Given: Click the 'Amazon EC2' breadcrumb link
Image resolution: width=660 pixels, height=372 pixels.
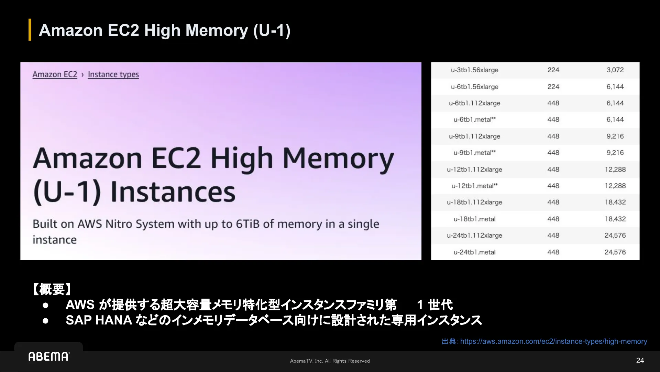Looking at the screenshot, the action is [x=55, y=74].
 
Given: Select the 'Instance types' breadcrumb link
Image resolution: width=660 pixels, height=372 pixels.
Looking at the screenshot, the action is [x=113, y=74].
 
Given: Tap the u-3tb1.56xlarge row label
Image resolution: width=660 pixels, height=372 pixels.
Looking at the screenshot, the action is [x=474, y=70].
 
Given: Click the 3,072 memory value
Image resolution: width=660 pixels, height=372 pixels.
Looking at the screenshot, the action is [x=615, y=70].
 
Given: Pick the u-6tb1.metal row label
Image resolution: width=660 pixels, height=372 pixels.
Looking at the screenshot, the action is [x=474, y=120].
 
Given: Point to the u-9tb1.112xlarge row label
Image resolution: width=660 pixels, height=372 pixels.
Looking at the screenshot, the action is [x=474, y=136].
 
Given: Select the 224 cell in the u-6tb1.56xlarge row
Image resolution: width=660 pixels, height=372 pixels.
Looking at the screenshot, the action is [x=553, y=87].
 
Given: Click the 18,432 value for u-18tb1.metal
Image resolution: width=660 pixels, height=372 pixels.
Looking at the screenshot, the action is [x=615, y=219].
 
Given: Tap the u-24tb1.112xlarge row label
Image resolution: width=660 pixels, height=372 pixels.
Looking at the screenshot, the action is [x=474, y=236].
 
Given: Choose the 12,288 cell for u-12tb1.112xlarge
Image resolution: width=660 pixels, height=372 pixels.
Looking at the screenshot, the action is [x=615, y=169].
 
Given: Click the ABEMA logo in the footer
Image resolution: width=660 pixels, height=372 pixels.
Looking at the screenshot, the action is [x=49, y=356].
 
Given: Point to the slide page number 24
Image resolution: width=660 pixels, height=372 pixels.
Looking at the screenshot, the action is [x=640, y=361].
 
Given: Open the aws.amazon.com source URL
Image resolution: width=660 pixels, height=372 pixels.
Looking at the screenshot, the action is [x=553, y=341].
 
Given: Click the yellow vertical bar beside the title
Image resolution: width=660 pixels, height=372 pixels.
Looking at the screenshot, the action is [x=30, y=30].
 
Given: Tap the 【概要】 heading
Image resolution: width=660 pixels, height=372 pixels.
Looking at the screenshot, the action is [x=52, y=289].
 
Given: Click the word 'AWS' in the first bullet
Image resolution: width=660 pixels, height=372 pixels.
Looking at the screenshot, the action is [x=80, y=305].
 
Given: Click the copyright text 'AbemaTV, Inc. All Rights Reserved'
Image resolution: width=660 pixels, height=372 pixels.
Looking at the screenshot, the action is [x=330, y=361].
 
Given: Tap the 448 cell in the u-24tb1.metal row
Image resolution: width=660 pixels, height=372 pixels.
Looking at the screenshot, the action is [x=553, y=252].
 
